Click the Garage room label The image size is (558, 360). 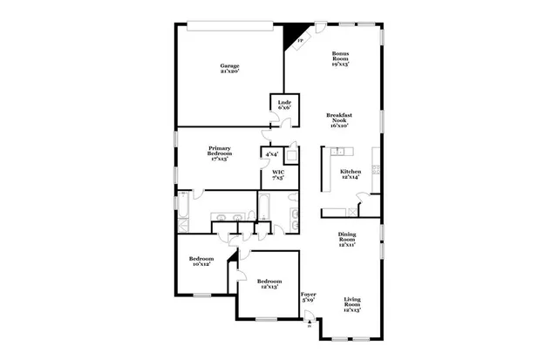229,66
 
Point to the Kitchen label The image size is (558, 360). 350,172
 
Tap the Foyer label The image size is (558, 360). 308,295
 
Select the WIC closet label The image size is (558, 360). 278,173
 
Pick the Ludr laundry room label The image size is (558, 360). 284,103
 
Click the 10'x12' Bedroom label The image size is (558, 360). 201,260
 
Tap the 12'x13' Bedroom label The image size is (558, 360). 269,282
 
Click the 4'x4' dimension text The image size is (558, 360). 271,154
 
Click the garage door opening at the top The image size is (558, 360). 229,23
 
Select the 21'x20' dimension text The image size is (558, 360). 229,71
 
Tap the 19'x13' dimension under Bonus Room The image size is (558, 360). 341,66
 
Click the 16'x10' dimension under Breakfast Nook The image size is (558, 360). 340,126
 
